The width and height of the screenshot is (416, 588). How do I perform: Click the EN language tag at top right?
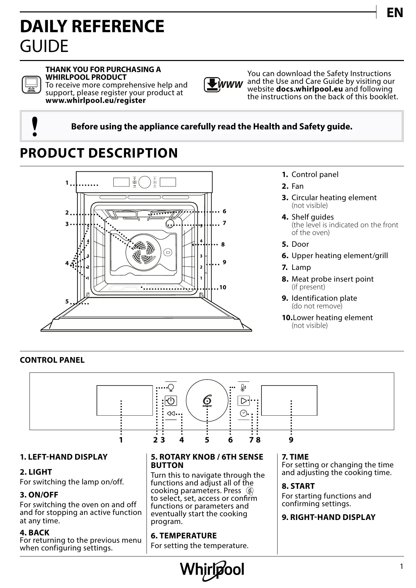tap(395, 13)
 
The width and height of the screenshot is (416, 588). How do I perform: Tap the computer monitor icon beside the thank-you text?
tap(31, 84)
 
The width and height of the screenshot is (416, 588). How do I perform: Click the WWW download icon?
tap(223, 85)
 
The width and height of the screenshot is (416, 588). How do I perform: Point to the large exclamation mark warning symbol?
tap(34, 127)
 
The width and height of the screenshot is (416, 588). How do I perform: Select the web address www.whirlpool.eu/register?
tap(96, 101)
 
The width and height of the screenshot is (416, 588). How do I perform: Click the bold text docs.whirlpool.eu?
tap(309, 89)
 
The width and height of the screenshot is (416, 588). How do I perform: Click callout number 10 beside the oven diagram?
tap(223, 287)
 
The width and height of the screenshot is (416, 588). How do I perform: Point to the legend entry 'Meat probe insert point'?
tap(332, 279)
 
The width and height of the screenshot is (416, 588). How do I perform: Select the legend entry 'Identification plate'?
tap(324, 298)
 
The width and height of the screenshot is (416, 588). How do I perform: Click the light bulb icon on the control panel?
tap(171, 388)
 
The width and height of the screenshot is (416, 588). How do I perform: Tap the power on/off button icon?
tap(171, 401)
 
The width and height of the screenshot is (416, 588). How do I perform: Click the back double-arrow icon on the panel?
tap(171, 413)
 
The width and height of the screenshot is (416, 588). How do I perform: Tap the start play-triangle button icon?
tap(244, 401)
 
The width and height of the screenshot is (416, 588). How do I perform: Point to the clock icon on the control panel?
tap(244, 413)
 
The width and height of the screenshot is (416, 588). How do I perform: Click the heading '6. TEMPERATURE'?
tap(184, 535)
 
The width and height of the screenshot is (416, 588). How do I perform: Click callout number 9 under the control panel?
tap(291, 440)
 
